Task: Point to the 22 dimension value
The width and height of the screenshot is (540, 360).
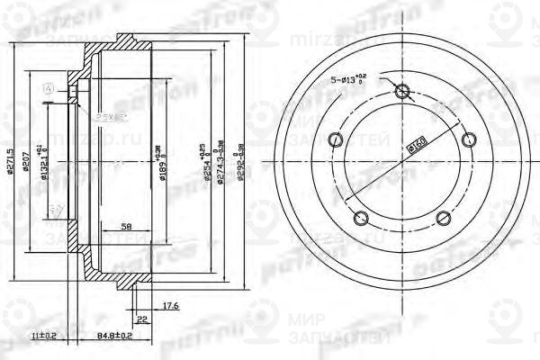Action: point(143,319)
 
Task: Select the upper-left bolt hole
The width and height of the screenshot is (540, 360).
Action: point(337,139)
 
